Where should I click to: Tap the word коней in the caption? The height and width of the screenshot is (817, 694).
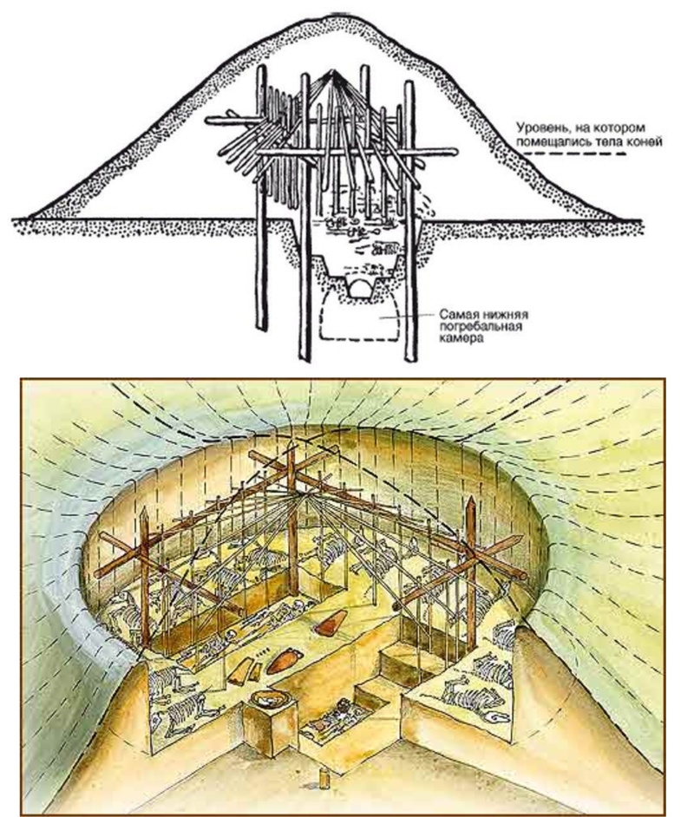tap(645, 142)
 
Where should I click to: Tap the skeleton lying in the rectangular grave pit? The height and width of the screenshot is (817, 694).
tap(338, 719)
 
